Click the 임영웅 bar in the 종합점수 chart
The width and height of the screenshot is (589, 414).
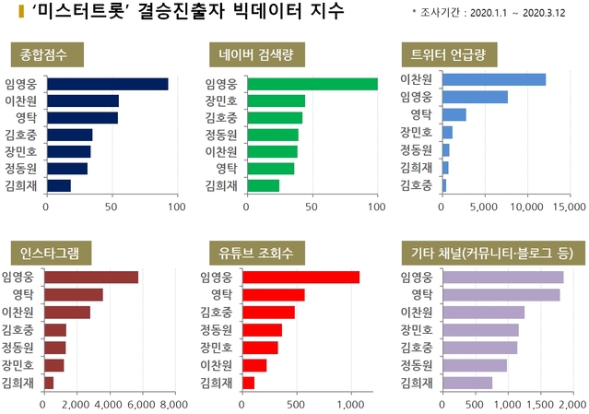[106, 84]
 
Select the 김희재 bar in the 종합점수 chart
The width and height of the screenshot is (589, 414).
[58, 185]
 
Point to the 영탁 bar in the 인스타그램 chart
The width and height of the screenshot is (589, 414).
[73, 295]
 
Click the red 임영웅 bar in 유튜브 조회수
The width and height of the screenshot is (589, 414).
[300, 278]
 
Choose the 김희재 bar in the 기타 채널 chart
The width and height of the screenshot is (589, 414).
[466, 383]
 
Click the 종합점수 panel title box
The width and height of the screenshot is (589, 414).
[46, 53]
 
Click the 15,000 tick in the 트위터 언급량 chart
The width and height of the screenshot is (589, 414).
[567, 207]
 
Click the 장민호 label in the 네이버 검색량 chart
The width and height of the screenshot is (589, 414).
[221, 101]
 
